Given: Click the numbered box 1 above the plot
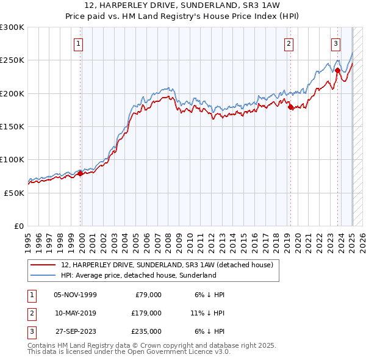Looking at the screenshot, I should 80,43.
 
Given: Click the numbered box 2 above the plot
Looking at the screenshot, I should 289,43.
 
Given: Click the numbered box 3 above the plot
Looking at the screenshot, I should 336,43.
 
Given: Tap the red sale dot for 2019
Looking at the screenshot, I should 290,107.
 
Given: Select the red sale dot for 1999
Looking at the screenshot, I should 80,173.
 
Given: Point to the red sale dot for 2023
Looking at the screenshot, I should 337,70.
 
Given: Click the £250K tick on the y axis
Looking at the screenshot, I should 12,60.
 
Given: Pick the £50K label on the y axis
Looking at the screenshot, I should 14,193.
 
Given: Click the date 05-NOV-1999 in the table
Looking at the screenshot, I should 75,295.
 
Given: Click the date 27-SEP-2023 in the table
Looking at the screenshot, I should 76,331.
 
